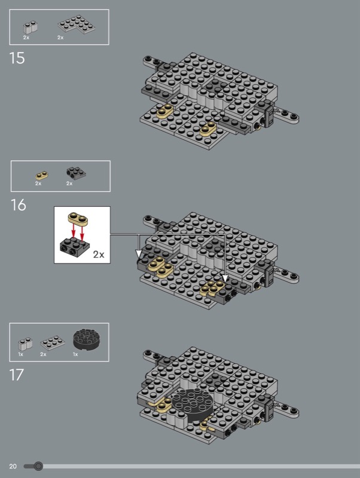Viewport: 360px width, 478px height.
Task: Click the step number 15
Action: coord(17,58)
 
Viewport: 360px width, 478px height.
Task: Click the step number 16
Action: coord(19,205)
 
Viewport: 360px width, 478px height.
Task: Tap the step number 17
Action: coord(17,375)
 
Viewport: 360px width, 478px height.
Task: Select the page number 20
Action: coord(13,466)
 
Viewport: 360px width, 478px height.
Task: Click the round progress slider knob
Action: coord(38,466)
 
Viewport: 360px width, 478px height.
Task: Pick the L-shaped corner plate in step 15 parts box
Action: coord(77,24)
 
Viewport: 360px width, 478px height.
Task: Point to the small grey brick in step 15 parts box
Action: coord(30,27)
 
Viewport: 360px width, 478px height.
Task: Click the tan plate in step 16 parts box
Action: coord(42,175)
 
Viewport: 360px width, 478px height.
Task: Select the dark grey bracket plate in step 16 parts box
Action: coord(76,173)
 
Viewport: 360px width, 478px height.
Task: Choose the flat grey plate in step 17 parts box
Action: coord(53,343)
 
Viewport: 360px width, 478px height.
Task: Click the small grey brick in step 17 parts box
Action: coord(25,344)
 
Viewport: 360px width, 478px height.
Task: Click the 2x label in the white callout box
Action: coord(99,255)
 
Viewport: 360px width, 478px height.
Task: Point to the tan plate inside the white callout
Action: coord(78,219)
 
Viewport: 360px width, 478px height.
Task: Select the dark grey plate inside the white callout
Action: coord(75,247)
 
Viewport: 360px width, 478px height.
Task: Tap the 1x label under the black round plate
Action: coord(75,354)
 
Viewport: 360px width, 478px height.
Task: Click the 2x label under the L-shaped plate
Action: coord(60,38)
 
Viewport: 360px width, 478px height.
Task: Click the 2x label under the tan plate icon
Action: coord(38,183)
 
